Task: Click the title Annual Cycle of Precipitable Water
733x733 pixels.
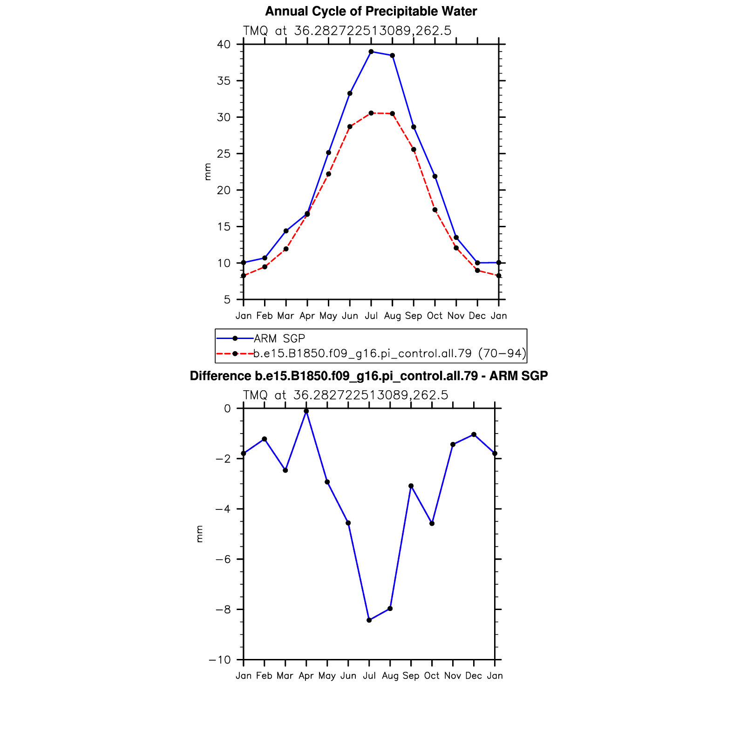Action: [x=371, y=12]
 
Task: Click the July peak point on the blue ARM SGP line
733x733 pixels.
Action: [x=371, y=52]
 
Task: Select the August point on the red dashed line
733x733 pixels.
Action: [x=393, y=114]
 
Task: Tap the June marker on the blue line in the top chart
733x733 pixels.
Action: [x=350, y=94]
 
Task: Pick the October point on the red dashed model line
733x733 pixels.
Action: [x=435, y=210]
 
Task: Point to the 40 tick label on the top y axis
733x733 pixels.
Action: [x=224, y=45]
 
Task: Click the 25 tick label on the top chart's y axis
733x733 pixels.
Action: [x=224, y=154]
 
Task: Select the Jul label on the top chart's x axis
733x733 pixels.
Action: [x=371, y=316]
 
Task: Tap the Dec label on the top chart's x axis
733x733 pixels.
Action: [x=477, y=316]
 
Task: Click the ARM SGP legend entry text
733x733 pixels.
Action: [x=279, y=339]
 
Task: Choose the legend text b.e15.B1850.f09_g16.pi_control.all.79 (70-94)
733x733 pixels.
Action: [x=390, y=353]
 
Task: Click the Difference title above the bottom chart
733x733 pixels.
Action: [x=368, y=376]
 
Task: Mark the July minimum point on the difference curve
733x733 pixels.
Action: [x=369, y=620]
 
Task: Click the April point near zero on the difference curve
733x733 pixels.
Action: [x=306, y=411]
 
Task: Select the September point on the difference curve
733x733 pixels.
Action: [x=411, y=486]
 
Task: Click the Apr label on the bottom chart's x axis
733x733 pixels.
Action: [x=306, y=676]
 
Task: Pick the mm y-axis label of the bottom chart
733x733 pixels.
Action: [x=200, y=534]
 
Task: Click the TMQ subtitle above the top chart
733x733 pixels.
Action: [x=347, y=31]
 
